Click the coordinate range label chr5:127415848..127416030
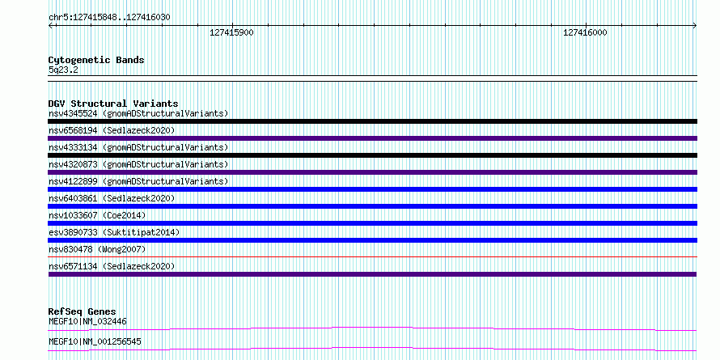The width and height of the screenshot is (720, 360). click(109, 18)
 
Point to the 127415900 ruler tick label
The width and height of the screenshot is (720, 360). click(231, 32)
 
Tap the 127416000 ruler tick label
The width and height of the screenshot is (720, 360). click(585, 32)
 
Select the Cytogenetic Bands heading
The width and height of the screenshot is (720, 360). click(96, 60)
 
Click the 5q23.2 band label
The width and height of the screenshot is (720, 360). click(63, 70)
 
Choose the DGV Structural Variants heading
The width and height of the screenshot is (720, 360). click(113, 104)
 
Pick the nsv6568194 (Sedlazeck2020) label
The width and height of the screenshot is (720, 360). click(112, 130)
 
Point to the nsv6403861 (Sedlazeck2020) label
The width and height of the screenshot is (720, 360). click(112, 198)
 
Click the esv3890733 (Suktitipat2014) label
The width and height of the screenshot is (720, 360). click(114, 232)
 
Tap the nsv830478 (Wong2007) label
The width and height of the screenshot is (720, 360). click(97, 249)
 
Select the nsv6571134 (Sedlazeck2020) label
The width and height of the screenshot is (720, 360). click(112, 266)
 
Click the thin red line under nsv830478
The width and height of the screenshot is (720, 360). click(372, 256)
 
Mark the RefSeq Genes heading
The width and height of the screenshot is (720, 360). click(83, 312)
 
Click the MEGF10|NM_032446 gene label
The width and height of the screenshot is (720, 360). click(87, 321)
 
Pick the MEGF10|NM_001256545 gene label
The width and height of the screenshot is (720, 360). click(95, 341)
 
